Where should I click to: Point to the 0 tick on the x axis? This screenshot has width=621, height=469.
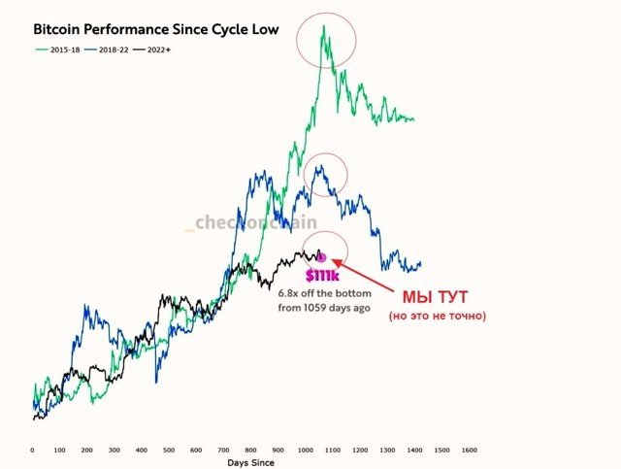tap(32, 450)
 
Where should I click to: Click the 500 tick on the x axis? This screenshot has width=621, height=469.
tap(169, 450)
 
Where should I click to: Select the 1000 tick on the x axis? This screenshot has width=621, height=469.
tap(306, 450)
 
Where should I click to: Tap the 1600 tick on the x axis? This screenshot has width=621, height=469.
tap(470, 450)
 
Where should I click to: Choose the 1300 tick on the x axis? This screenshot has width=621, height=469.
tap(387, 450)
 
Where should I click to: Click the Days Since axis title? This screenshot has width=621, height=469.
tap(250, 463)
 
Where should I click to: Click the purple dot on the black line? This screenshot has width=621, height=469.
tap(323, 258)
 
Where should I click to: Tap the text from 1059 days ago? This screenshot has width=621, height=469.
tap(319, 308)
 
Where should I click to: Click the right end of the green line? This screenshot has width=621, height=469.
tap(414, 120)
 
